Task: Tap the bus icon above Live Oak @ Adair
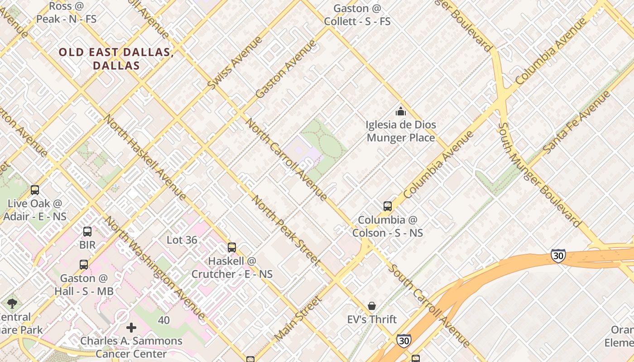tap(35, 190)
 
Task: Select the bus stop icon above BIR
tap(87, 232)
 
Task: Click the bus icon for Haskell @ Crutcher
tap(232, 248)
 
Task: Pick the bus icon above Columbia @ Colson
tap(388, 206)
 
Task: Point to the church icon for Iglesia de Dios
tap(400, 111)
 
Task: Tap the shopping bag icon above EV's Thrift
tap(372, 306)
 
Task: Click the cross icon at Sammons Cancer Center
tap(131, 327)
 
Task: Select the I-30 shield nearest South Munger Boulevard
tap(558, 256)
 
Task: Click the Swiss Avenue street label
tap(235, 62)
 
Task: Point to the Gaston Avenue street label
tap(285, 69)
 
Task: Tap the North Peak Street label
tap(286, 231)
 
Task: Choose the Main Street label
tap(298, 319)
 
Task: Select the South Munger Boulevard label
tap(539, 175)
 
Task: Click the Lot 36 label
tap(182, 240)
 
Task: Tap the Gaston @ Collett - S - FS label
tap(357, 15)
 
